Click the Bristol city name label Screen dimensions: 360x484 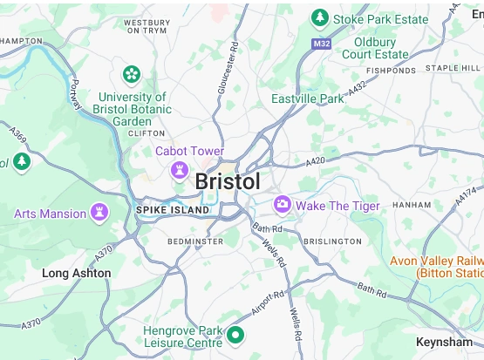pyautogui.click(x=228, y=182)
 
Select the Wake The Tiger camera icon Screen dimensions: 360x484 pyautogui.click(x=283, y=205)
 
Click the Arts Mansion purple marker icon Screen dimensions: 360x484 pyautogui.click(x=100, y=213)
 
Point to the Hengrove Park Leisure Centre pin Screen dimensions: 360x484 pyautogui.click(x=235, y=335)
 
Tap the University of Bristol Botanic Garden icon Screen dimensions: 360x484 pyautogui.click(x=132, y=74)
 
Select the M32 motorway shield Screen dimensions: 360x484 pyautogui.click(x=321, y=43)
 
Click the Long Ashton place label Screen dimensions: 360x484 pyautogui.click(x=77, y=273)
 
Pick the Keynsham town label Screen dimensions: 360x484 pyautogui.click(x=445, y=342)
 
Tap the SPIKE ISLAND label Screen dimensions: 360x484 pyautogui.click(x=173, y=210)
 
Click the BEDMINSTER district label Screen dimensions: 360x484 pyautogui.click(x=195, y=241)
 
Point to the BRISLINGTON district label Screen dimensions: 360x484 pyautogui.click(x=331, y=241)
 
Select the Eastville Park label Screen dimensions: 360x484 pyautogui.click(x=308, y=99)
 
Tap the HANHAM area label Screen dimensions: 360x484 pyautogui.click(x=412, y=206)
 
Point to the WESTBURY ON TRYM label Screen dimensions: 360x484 pyautogui.click(x=146, y=25)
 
